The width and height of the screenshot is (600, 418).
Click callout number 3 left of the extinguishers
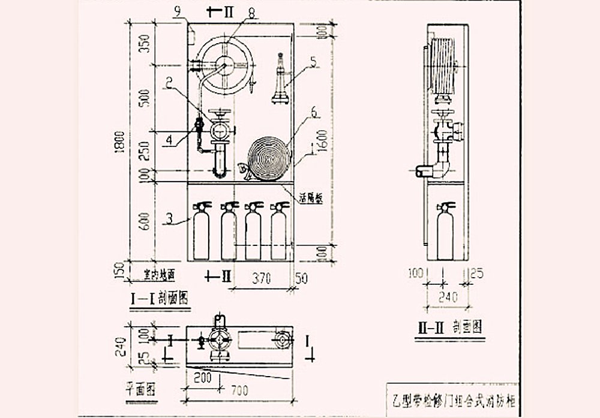[x=170, y=219]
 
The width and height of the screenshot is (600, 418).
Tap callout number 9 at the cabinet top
[x=177, y=10]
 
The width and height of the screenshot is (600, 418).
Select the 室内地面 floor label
[x=158, y=275]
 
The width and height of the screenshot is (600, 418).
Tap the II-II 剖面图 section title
[x=451, y=327]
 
